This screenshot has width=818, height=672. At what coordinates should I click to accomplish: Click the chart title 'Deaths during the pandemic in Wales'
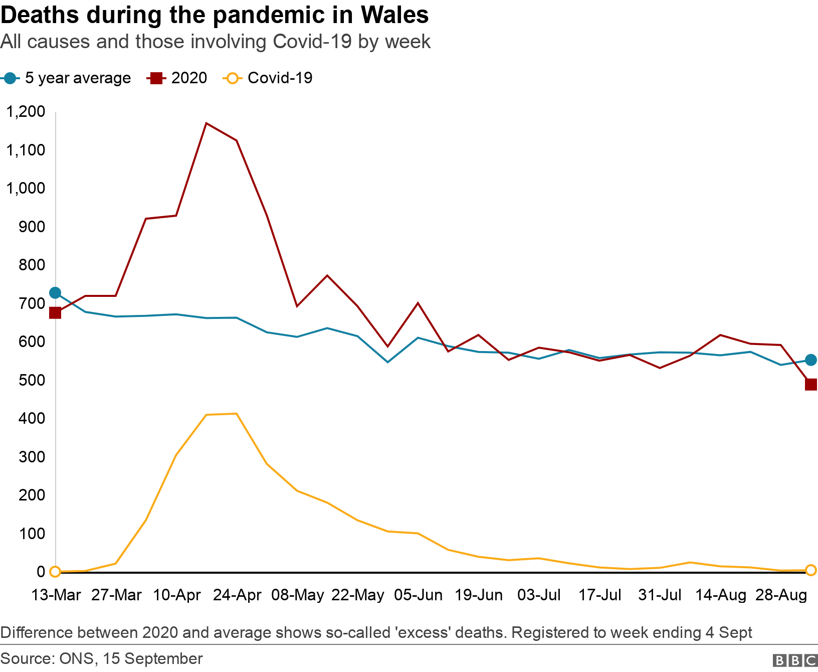[x=215, y=15]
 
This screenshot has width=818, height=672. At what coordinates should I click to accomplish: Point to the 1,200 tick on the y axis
[x=26, y=111]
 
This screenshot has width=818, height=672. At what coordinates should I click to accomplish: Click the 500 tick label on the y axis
[x=32, y=380]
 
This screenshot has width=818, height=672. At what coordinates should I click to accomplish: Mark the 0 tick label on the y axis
[x=41, y=572]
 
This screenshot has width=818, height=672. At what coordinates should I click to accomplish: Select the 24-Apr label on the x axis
[x=237, y=595]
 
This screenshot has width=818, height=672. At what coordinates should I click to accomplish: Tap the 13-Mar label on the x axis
[x=56, y=595]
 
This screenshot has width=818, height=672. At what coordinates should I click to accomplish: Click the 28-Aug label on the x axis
[x=781, y=595]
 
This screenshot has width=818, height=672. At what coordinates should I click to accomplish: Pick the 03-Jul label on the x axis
[x=539, y=595]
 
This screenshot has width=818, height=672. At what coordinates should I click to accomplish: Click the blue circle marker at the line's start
[x=55, y=293]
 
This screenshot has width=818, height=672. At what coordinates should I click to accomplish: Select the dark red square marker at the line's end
[x=810, y=385]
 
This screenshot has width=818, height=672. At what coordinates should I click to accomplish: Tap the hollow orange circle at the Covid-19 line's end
[x=810, y=570]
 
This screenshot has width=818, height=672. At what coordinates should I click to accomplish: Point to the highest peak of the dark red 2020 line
[x=207, y=123]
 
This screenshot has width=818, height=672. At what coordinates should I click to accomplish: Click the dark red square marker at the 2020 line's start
[x=55, y=313]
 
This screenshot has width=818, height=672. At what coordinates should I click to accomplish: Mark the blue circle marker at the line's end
[x=810, y=360]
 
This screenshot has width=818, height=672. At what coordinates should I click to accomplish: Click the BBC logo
[x=795, y=660]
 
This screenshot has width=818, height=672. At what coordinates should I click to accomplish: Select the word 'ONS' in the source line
[x=76, y=658]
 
